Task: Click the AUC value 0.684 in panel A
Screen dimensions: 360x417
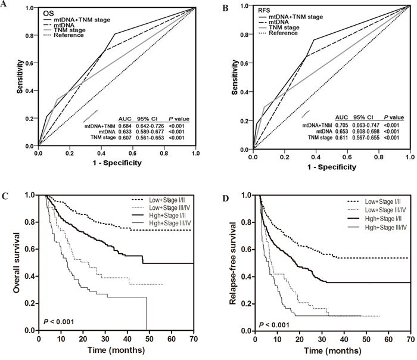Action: pyautogui.click(x=126, y=126)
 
